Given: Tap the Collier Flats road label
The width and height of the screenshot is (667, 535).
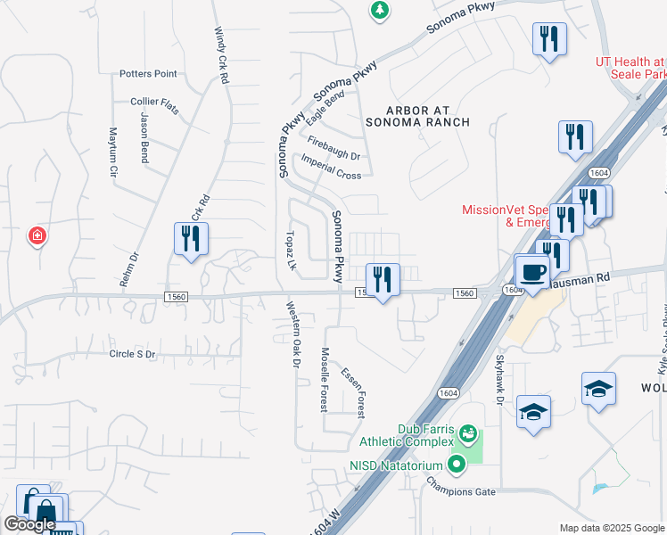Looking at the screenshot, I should pos(154,105).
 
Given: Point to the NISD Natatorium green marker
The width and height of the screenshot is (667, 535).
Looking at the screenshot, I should pos(457,464).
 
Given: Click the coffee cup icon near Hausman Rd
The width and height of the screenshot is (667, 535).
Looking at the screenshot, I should pos(534,272).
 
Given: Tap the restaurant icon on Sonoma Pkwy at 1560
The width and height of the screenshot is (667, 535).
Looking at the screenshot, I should pos(383,279).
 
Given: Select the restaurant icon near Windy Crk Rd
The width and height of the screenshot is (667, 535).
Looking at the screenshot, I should pos(190,239).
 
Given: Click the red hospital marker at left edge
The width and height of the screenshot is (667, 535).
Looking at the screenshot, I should pos(37,236).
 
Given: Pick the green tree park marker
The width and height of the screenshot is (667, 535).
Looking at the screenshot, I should pos(380,10).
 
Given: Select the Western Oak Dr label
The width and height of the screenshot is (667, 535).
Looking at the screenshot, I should pos(291,334).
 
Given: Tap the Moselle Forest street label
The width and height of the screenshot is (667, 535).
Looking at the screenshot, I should pos(325,379).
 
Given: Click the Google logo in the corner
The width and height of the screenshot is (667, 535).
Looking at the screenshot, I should pos(29,524).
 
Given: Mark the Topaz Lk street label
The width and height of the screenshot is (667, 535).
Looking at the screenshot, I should pos(289,251).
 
